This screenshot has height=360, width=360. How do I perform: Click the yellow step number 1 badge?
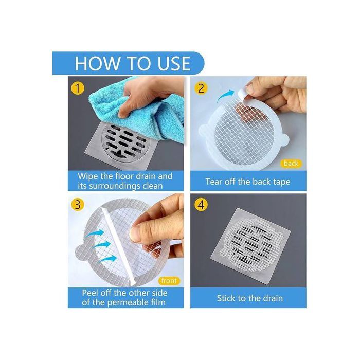click(78, 88)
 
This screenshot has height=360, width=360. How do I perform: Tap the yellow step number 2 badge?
click(201, 88)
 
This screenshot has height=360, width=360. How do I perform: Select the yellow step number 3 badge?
click(78, 205)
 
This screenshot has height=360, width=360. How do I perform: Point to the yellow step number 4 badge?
click(201, 205)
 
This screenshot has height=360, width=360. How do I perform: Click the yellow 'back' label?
click(291, 164)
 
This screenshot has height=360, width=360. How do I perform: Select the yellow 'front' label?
click(169, 281)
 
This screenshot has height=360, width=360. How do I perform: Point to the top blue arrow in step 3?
click(95, 233)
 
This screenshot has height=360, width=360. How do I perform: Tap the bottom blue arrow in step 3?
click(108, 259)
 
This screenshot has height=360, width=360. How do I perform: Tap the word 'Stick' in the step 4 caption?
click(226, 298)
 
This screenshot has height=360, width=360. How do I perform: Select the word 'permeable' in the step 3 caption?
click(130, 303)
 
